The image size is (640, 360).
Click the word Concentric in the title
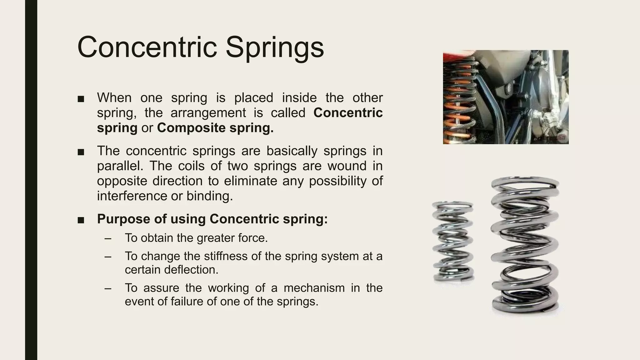(147, 47)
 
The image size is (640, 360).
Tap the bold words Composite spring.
(215, 128)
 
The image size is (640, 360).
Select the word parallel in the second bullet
(120, 166)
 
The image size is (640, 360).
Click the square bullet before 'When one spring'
(81, 99)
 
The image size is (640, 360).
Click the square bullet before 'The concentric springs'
(81, 152)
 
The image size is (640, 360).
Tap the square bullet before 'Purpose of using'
(81, 220)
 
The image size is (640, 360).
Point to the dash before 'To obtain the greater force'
(108, 238)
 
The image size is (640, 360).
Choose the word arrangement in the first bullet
(208, 113)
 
